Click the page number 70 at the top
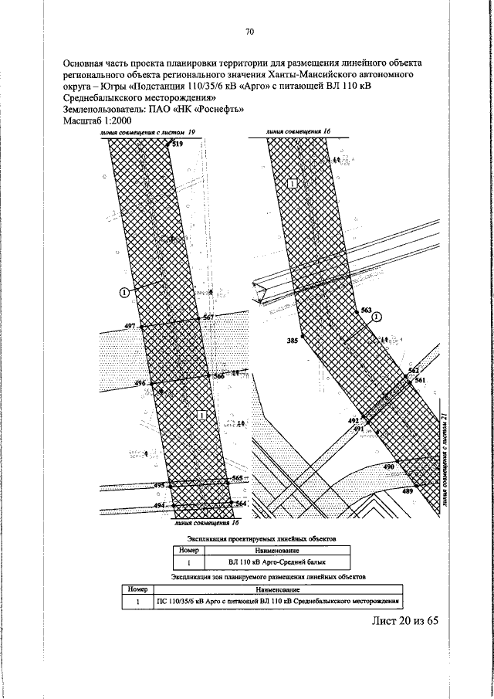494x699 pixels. pyautogui.click(x=249, y=32)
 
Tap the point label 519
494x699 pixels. pyautogui.click(x=178, y=144)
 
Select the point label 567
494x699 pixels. pyautogui.click(x=208, y=317)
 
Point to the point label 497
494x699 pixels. pyautogui.click(x=129, y=327)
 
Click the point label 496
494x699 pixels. pyautogui.click(x=140, y=383)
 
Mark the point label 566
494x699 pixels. pyautogui.click(x=219, y=376)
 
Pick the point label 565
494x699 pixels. pyautogui.click(x=238, y=479)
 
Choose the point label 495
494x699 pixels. pyautogui.click(x=160, y=485)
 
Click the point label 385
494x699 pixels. pyautogui.click(x=292, y=340)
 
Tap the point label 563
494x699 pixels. pyautogui.click(x=366, y=310)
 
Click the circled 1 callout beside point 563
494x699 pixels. pyautogui.click(x=377, y=317)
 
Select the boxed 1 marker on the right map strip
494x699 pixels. pyautogui.click(x=293, y=183)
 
